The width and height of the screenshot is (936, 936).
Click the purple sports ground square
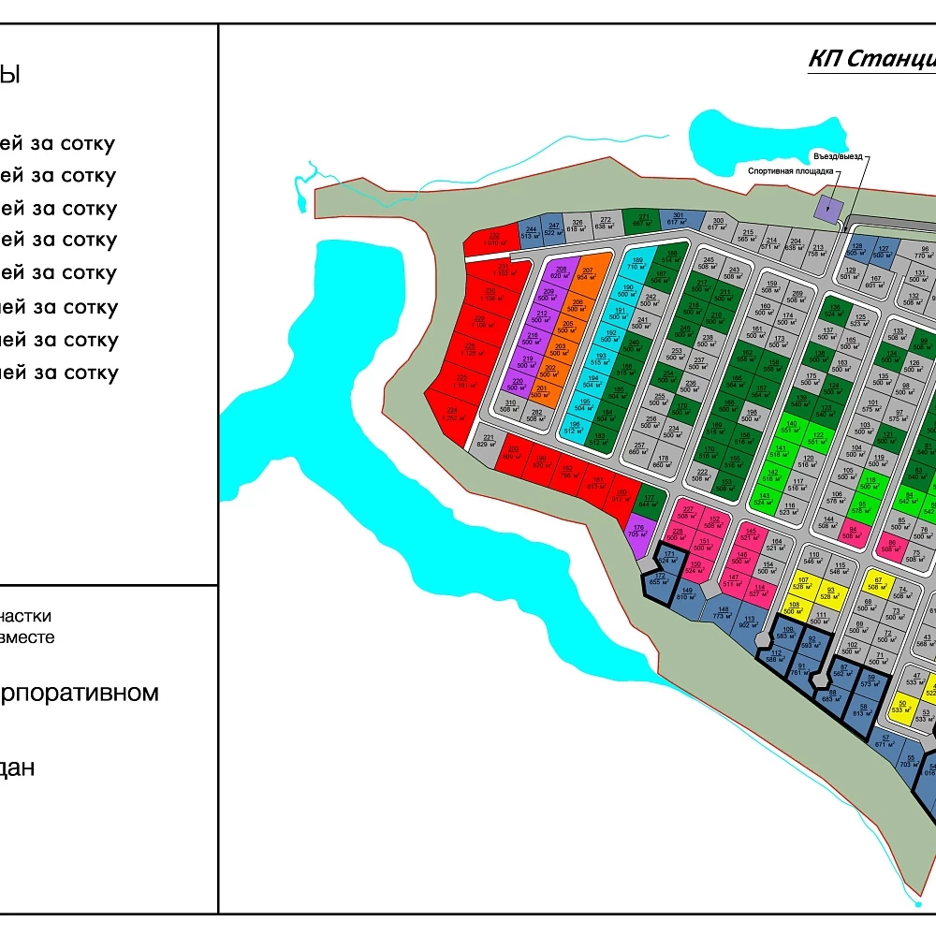828,209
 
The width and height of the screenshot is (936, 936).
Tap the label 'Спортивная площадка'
789,172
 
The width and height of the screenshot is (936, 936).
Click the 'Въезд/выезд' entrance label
837,156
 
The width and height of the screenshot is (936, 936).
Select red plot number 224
452,414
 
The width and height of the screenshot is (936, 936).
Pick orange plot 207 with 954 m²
587,274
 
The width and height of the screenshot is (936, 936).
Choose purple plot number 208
561,272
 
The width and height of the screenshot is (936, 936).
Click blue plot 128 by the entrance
856,249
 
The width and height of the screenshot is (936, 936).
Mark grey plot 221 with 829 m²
487,441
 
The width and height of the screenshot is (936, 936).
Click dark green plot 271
643,221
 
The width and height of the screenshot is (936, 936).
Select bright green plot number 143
765,498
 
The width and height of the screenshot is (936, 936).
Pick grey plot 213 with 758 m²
816,250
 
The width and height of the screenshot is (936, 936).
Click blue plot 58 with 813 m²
863,709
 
